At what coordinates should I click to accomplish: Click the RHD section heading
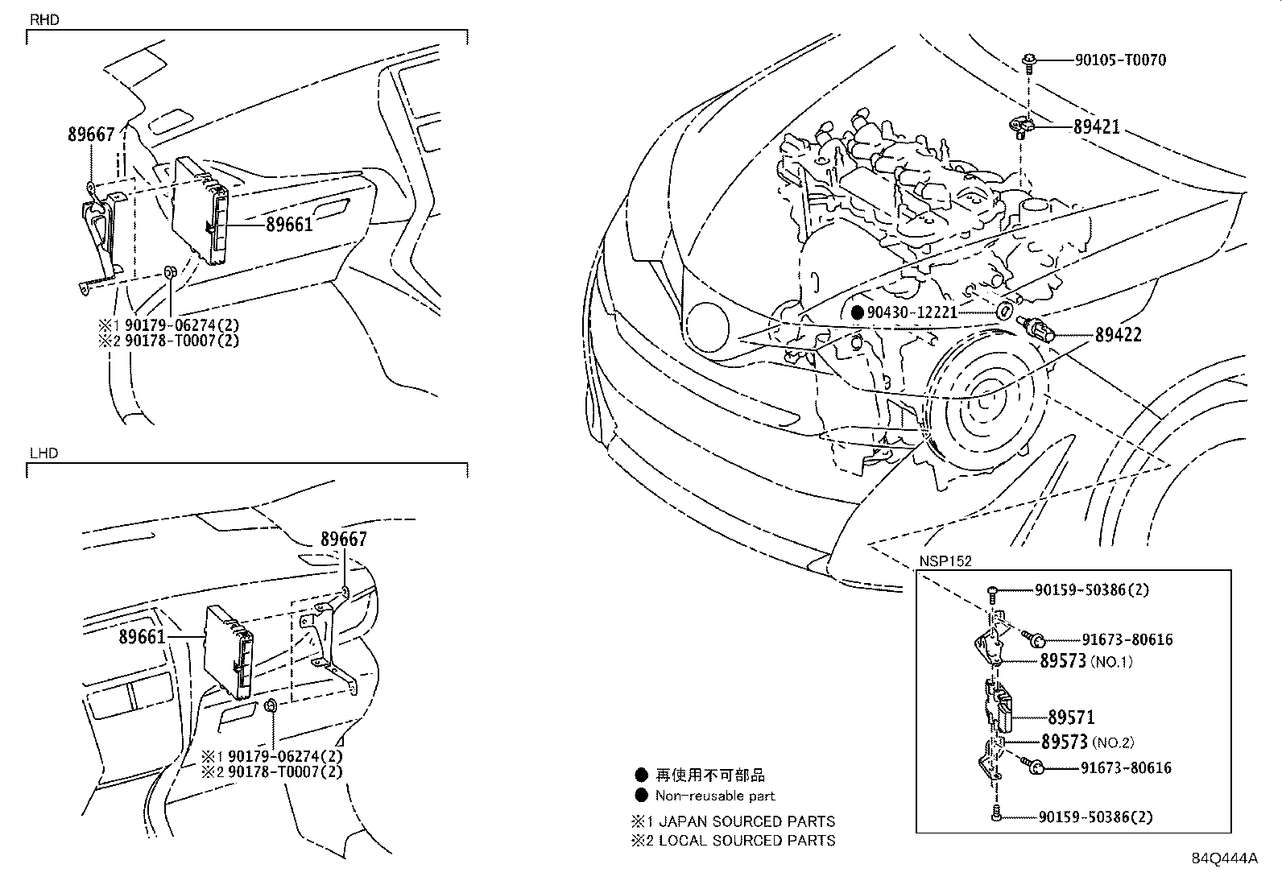click(x=44, y=19)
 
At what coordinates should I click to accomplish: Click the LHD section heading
click(x=43, y=453)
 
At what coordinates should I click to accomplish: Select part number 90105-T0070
click(x=1120, y=60)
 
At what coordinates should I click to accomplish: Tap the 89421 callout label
click(x=1096, y=127)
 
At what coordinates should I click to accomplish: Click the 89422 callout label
click(x=1118, y=334)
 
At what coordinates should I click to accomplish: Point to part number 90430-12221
click(x=912, y=312)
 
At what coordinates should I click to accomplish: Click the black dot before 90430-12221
click(x=858, y=312)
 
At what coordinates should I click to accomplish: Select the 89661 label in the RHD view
click(x=289, y=225)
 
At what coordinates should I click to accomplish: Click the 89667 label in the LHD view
click(x=344, y=540)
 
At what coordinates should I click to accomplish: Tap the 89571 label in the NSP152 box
click(x=1071, y=717)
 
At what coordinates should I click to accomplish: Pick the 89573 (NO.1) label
click(x=1086, y=662)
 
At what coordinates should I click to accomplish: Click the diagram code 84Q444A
click(x=1224, y=858)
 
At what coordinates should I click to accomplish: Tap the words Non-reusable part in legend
click(x=714, y=796)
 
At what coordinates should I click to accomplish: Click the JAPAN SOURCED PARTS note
click(x=746, y=821)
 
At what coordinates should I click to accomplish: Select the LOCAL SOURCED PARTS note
click(x=746, y=841)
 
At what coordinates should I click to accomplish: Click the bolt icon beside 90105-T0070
click(x=1031, y=60)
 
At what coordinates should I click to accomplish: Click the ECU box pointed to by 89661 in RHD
click(x=201, y=209)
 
